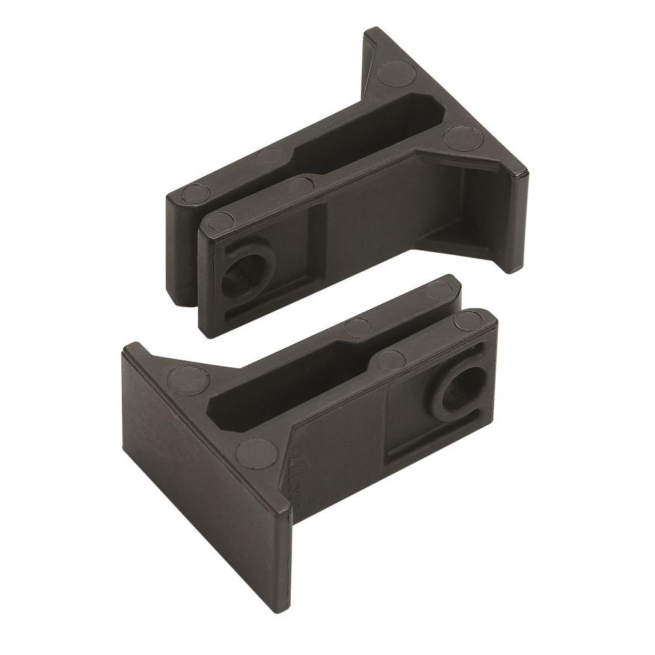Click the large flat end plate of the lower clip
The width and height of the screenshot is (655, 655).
203,478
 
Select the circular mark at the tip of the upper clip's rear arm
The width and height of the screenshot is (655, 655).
195,193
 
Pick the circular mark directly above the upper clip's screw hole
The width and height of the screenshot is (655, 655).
221,221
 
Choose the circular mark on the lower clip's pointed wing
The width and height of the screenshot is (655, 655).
188,380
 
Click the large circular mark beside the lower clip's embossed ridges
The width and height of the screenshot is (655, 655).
257,453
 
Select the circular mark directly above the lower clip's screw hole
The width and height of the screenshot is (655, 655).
468,320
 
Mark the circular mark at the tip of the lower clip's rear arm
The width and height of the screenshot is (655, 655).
439,290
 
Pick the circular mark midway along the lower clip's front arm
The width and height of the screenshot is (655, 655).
391,360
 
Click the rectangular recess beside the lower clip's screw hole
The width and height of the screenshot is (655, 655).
406,419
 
